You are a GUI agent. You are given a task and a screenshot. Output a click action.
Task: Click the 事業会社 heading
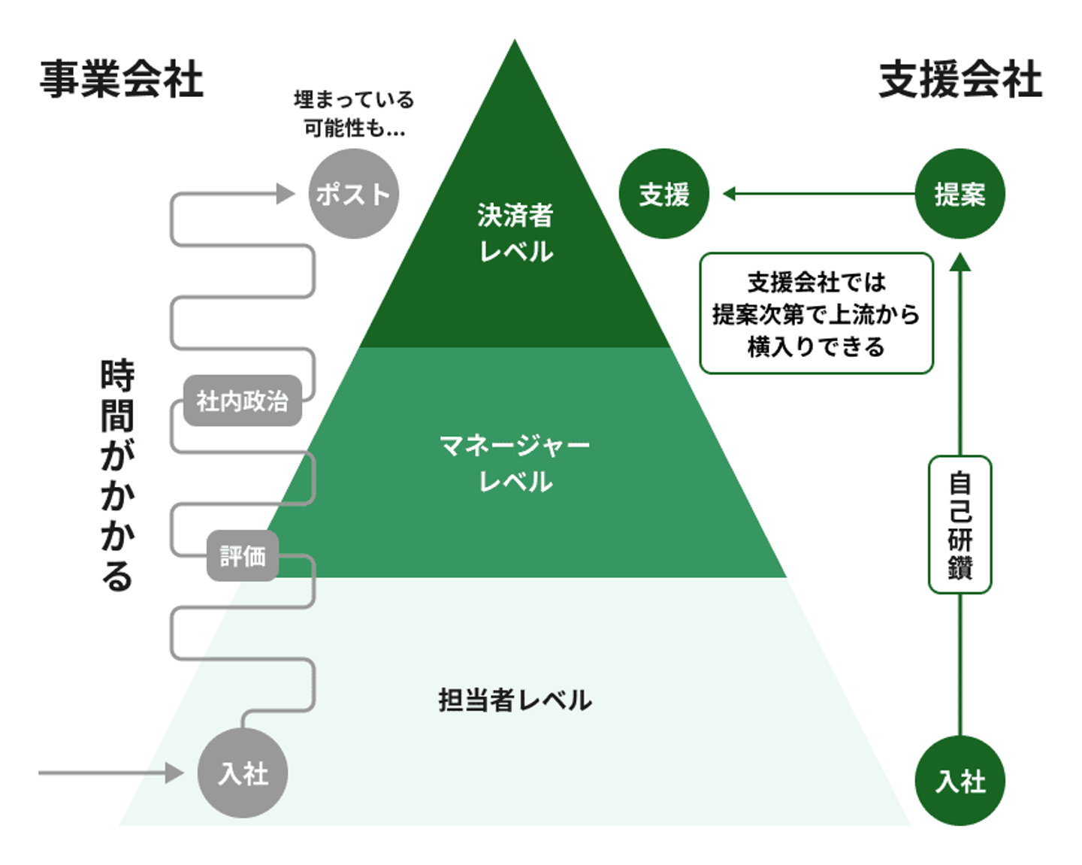click(121, 79)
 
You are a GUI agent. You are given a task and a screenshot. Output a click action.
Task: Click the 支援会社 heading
click(960, 79)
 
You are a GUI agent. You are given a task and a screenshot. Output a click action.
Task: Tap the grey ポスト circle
click(353, 194)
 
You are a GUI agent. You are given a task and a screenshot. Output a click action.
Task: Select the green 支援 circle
click(664, 194)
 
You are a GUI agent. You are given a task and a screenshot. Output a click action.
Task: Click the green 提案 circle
click(960, 194)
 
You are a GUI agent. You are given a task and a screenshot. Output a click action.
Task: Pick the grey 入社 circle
click(243, 773)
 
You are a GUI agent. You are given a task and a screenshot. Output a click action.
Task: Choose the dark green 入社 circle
click(960, 781)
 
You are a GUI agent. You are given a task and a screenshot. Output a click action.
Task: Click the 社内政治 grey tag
click(242, 401)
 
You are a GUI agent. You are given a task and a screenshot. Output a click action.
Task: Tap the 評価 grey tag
click(242, 556)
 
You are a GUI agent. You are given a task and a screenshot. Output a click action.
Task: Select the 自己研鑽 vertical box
click(960, 525)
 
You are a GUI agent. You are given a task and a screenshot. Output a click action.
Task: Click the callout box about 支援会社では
click(816, 313)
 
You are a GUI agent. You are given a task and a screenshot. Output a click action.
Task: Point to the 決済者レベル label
click(515, 233)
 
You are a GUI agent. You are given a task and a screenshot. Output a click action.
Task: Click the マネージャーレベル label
click(515, 463)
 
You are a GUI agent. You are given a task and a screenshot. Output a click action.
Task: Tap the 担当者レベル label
click(515, 700)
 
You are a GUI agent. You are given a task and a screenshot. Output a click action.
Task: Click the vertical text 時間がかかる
click(117, 476)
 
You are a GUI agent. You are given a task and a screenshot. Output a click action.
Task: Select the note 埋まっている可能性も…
click(353, 113)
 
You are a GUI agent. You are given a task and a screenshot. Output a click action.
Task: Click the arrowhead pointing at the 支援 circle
click(729, 194)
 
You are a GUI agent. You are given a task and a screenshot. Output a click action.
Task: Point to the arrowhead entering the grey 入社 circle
click(175, 773)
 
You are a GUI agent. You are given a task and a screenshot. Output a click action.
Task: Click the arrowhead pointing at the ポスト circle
click(286, 194)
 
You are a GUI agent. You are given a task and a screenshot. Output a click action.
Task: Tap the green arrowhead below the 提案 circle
click(960, 262)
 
